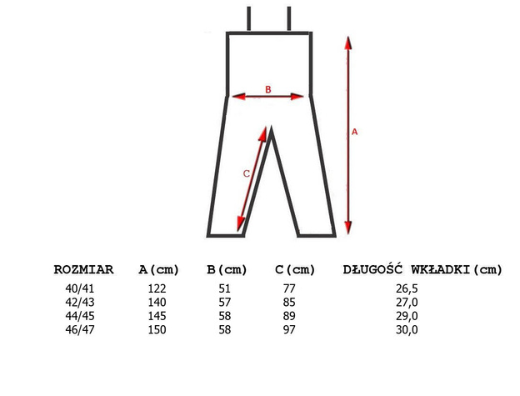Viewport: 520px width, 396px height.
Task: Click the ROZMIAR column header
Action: click(x=83, y=269)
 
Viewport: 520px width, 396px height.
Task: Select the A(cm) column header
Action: click(x=158, y=269)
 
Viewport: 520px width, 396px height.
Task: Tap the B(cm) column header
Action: click(x=227, y=269)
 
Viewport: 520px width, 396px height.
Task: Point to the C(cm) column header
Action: click(x=295, y=269)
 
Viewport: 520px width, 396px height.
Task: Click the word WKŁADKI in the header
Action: click(x=441, y=269)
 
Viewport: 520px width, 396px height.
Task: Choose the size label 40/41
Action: click(x=80, y=288)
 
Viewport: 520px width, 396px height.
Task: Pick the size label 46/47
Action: click(x=80, y=329)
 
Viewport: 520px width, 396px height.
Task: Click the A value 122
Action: click(x=157, y=288)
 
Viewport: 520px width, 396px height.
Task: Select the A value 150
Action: click(x=157, y=329)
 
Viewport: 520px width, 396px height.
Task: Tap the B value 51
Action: click(x=224, y=288)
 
